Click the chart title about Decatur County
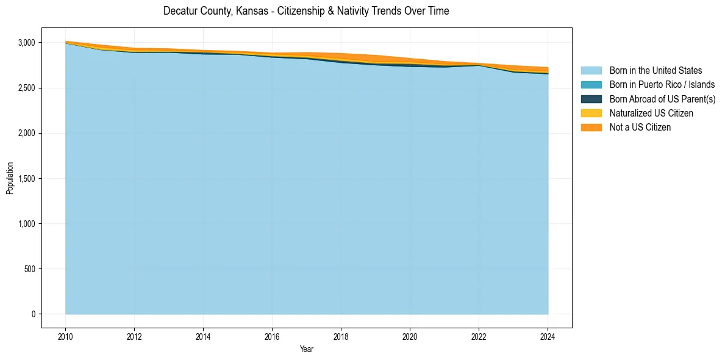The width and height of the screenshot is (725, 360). coord(306,11)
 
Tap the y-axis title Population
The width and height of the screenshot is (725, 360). coord(10,178)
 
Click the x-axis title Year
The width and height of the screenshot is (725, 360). coord(307,349)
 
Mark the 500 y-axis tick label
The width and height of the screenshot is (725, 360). coord(30,269)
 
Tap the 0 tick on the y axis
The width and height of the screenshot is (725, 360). coord(34,314)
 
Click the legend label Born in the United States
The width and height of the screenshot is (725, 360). coord(655,71)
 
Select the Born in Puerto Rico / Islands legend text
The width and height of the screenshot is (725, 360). coord(662,85)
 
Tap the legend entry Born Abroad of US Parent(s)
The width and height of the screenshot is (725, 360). coord(662,99)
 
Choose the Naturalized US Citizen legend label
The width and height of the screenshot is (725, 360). coord(651,113)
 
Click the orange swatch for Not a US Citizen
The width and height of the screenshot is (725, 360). coord(591,127)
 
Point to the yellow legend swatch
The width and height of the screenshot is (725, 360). coord(591,113)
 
